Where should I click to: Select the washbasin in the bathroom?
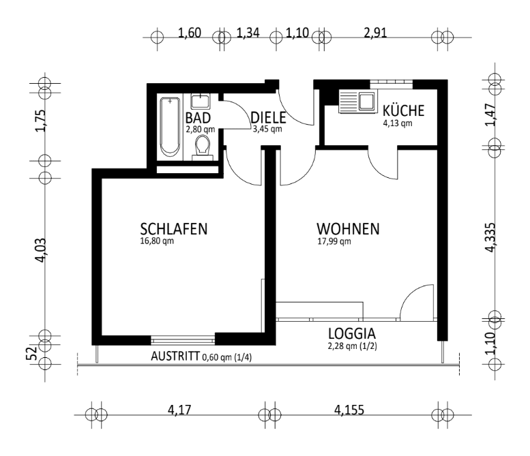coord(201,102)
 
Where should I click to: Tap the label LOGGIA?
coord(352,335)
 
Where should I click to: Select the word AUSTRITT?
coord(175,356)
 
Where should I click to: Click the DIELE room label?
coord(267,117)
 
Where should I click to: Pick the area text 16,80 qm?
coord(158,241)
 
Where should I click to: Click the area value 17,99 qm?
coord(333,241)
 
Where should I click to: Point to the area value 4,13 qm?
coord(397,123)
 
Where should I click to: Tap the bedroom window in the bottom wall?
coord(183,338)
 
